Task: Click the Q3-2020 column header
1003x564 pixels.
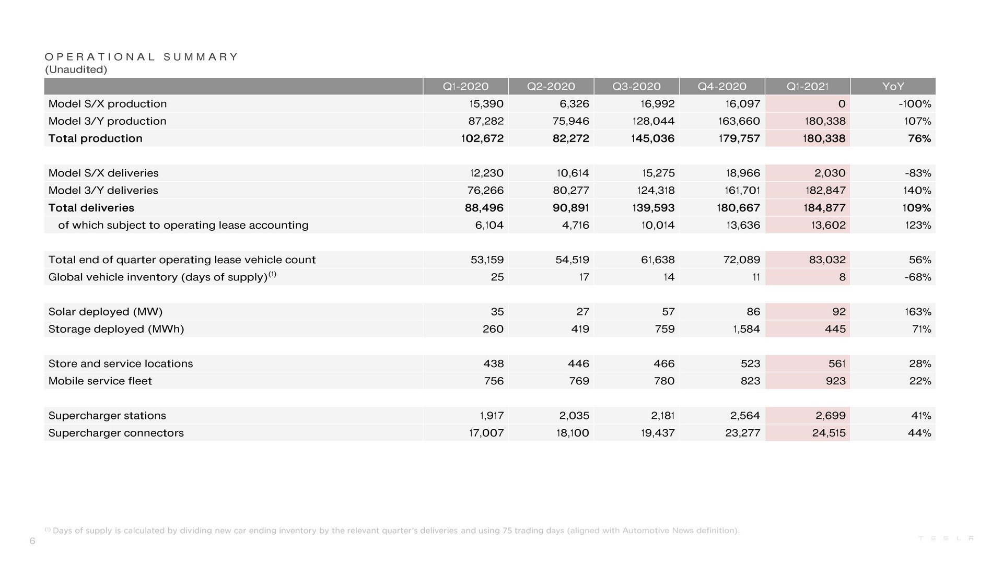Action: [x=636, y=86]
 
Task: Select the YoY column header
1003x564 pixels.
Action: [x=893, y=86]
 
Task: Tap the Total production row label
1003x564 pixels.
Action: [x=95, y=138]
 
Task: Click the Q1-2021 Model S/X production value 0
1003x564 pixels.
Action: [x=841, y=104]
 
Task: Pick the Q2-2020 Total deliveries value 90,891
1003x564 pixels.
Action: [x=570, y=208]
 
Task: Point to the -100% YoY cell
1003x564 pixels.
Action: [x=915, y=104]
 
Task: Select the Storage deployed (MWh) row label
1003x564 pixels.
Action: [x=116, y=329]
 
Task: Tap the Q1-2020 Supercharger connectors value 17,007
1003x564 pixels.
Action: [x=486, y=433]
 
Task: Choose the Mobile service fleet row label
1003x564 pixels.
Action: [x=100, y=381]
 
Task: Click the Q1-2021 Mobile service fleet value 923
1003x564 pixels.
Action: [x=835, y=381]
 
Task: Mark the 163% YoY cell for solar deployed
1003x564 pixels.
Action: [x=918, y=312]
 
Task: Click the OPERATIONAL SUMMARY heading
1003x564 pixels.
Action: [x=141, y=56]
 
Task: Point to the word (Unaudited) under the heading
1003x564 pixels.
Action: [x=76, y=69]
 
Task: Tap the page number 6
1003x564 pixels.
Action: [x=32, y=541]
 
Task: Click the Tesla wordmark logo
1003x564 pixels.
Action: [x=946, y=538]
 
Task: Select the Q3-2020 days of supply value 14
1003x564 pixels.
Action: [x=669, y=277]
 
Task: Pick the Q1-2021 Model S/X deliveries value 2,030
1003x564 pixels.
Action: [x=830, y=173]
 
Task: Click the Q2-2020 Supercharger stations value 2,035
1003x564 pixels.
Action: [x=574, y=416]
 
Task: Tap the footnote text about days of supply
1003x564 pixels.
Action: [x=392, y=531]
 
